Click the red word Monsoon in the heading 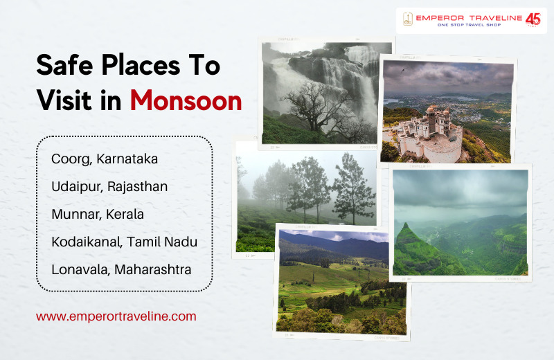click(x=186, y=101)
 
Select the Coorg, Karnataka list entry click(x=105, y=159)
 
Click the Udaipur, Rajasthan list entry click(x=109, y=186)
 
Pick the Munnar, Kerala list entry click(x=98, y=214)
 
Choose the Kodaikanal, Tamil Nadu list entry click(x=125, y=242)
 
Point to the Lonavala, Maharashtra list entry click(x=121, y=269)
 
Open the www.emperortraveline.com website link click(x=116, y=316)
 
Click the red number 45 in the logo click(x=533, y=19)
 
